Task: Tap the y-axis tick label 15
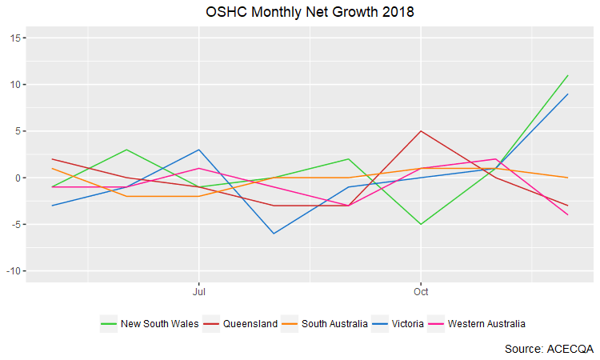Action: coord(18,38)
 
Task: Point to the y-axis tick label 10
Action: coord(18,85)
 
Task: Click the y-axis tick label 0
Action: coord(20,178)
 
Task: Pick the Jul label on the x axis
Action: coord(198,292)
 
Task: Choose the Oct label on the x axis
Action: coord(421,292)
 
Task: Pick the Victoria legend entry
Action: coord(407,324)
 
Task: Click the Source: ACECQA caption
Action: coord(549,349)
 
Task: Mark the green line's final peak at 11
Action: coord(568,75)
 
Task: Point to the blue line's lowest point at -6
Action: coord(274,234)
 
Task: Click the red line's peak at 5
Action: coord(421,131)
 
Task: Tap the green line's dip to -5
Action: coord(421,224)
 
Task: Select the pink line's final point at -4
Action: coord(568,215)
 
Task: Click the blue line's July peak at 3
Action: coord(198,150)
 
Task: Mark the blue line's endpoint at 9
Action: coord(568,94)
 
